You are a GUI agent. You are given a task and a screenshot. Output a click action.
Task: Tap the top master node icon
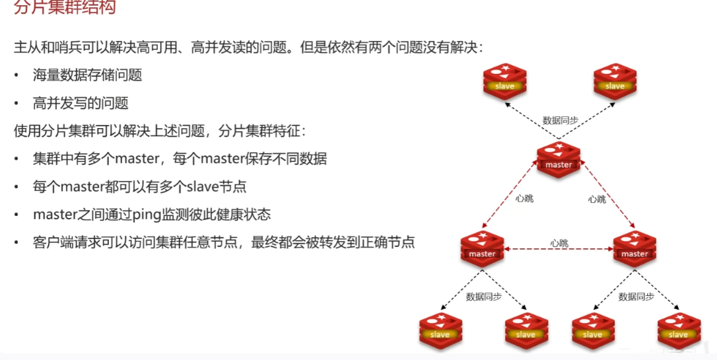(559, 159)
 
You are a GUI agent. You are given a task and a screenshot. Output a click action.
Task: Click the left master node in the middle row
(482, 248)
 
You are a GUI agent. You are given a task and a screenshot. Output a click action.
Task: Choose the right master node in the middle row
(634, 248)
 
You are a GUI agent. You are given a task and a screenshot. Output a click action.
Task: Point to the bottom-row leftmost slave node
(440, 329)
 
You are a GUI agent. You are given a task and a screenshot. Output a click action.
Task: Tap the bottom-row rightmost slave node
(678, 329)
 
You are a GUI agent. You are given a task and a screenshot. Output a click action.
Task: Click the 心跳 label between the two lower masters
(559, 243)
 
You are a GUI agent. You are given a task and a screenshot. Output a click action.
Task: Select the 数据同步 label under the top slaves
(561, 120)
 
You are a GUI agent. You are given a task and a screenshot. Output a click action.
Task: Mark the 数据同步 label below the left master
(484, 297)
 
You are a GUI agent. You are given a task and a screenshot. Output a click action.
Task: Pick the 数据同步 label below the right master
(636, 297)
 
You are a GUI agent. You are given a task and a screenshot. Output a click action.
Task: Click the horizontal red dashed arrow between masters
(559, 250)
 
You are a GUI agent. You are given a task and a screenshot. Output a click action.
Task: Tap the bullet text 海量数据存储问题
(88, 75)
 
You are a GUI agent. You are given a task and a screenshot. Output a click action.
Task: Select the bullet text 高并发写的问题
(81, 103)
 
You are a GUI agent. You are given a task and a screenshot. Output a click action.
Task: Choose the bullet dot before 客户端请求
(17, 243)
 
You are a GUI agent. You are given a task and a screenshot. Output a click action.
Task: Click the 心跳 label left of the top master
(524, 199)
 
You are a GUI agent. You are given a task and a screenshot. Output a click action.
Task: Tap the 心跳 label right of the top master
(597, 199)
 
